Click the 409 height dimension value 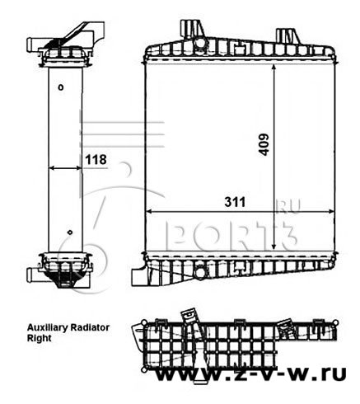pyautogui.click(x=264, y=145)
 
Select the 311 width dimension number pyautogui.click(x=235, y=202)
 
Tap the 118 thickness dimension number pyautogui.click(x=96, y=160)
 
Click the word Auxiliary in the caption pyautogui.click(x=48, y=327)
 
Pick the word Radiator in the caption pyautogui.click(x=90, y=327)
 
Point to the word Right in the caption pyautogui.click(x=39, y=338)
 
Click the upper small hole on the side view pyautogui.click(x=61, y=87)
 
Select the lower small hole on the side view pyautogui.click(x=70, y=233)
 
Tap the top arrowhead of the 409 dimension pyautogui.click(x=274, y=68)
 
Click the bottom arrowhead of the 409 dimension pyautogui.click(x=274, y=246)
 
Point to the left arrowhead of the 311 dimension pyautogui.click(x=149, y=212)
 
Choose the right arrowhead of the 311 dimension pyautogui.click(x=330, y=212)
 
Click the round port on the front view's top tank pyautogui.click(x=200, y=43)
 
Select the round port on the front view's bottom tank pyautogui.click(x=201, y=272)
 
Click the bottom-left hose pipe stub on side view pyautogui.click(x=33, y=275)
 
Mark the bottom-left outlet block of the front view pyautogui.click(x=139, y=275)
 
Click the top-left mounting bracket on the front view pyautogui.click(x=192, y=29)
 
